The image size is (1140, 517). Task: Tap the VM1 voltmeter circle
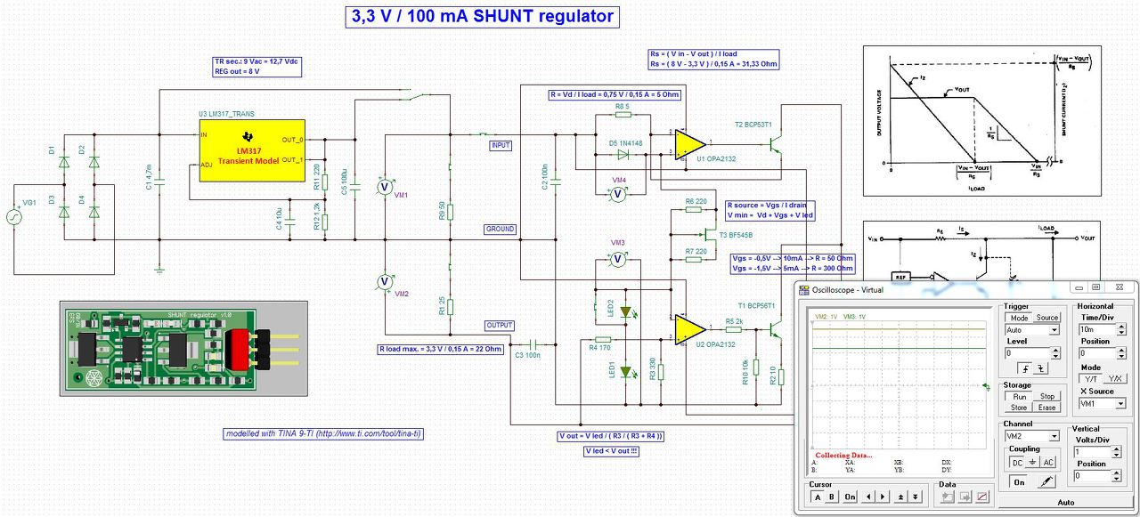384,186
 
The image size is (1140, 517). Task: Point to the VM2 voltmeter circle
384,281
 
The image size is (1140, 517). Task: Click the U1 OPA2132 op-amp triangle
689,143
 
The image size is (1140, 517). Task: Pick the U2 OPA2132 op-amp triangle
689,328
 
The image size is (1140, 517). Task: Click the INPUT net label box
501,145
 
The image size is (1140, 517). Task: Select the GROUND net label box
501,229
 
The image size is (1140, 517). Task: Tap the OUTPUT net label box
500,325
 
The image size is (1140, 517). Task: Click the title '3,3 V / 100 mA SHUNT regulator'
481,16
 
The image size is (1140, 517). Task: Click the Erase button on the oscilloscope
1046,408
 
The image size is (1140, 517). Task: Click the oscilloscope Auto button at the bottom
1065,503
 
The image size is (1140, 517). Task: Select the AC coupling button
1048,463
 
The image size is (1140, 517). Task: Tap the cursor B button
832,497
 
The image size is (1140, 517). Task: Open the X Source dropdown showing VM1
1101,403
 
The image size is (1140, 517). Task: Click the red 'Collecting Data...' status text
843,455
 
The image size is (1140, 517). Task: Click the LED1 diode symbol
626,372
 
